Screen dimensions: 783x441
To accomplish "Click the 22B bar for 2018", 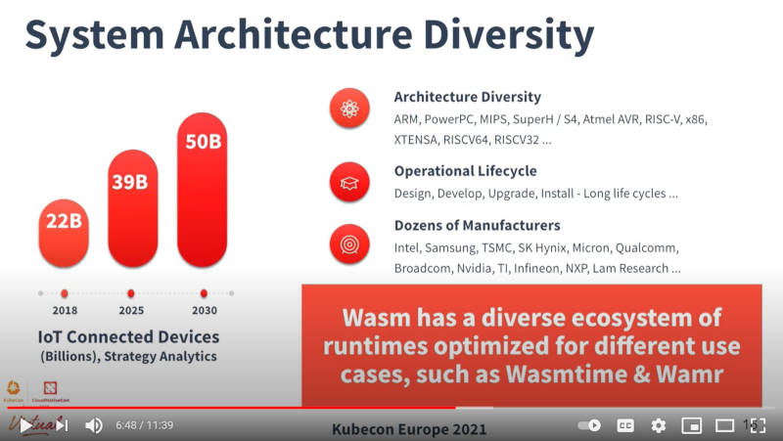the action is [x=64, y=233].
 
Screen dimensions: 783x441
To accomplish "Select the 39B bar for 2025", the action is [x=133, y=208].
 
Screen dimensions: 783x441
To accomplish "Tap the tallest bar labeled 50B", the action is [x=203, y=190].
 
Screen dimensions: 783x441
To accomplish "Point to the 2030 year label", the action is [x=205, y=310].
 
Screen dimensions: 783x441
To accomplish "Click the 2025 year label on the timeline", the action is [x=131, y=310].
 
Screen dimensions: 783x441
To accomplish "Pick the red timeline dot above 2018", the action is [x=65, y=293].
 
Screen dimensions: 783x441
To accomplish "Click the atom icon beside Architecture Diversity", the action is [x=349, y=109].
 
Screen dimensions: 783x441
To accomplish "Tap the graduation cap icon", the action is [x=349, y=182].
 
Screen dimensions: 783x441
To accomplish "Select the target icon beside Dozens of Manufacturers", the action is [x=349, y=243].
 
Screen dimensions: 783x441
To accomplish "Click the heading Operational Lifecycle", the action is [x=466, y=171].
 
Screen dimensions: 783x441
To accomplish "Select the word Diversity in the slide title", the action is [x=508, y=35].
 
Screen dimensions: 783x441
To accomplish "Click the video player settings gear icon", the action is [x=658, y=425].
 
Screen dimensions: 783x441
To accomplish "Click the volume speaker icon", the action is [x=93, y=425].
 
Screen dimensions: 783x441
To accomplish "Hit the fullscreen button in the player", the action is [x=757, y=425].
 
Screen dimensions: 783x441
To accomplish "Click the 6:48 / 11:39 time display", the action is [x=144, y=425].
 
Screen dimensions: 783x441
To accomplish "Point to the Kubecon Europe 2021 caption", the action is [x=409, y=429].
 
